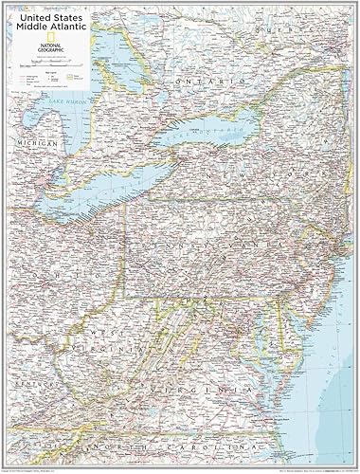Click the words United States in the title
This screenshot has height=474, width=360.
49,11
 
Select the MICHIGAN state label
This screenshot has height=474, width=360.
38,143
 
